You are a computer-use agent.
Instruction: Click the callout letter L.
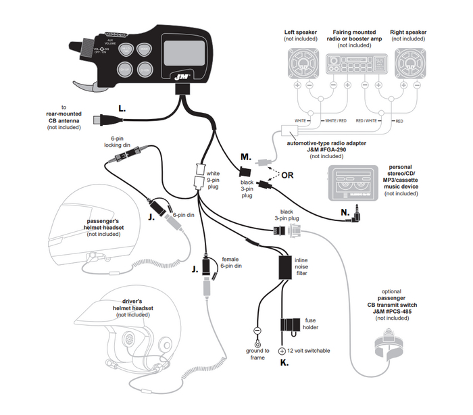click(122, 108)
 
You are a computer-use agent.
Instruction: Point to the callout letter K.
click(284, 363)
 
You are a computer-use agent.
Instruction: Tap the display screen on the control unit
click(183, 52)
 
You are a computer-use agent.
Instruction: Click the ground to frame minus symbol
click(257, 331)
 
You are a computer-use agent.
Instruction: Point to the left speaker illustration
click(299, 65)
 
